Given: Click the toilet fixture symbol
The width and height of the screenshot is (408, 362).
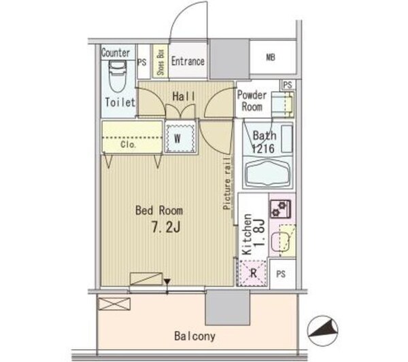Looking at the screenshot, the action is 118,76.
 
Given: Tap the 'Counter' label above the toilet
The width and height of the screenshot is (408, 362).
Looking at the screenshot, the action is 116,53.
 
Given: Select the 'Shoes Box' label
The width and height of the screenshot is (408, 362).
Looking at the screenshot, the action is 160,62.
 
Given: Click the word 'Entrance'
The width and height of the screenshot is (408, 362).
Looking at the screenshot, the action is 188,61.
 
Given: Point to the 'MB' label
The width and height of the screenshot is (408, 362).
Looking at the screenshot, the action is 271,57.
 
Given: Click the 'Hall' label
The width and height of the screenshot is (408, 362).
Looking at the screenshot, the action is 184,96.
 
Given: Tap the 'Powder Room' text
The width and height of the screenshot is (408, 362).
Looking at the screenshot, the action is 252,101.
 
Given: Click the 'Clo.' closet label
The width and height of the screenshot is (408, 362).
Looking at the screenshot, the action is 128,144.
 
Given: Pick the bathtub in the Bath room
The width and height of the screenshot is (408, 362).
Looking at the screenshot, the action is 268,173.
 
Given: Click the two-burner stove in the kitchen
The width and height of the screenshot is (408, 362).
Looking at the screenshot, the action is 280,209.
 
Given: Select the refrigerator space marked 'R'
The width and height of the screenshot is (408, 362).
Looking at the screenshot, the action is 253,273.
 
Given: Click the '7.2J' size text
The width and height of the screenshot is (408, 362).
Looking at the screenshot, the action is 166,228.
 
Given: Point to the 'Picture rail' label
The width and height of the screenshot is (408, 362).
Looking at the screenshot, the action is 227,183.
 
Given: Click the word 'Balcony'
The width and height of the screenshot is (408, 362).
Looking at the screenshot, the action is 195,336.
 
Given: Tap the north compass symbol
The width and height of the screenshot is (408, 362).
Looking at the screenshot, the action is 322,331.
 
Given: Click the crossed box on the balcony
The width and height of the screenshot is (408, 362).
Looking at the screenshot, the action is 114,304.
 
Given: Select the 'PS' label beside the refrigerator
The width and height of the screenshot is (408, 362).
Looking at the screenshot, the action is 281,274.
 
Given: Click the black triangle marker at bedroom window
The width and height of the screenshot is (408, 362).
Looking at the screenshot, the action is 167,282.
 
